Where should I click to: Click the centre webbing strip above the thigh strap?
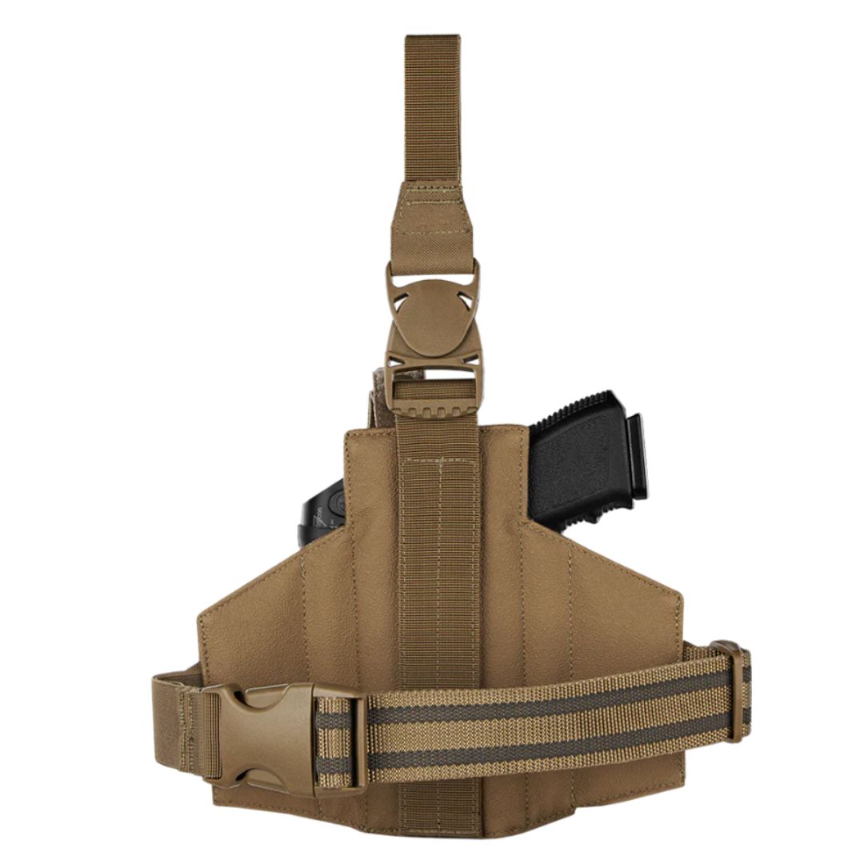(x=439, y=560)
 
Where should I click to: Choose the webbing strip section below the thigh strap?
(x=439, y=808)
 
